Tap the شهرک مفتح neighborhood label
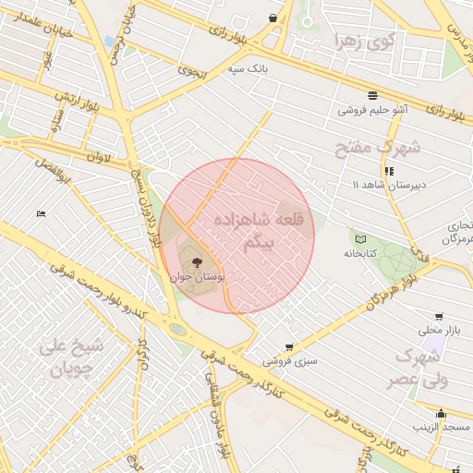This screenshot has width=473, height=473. click(386, 147)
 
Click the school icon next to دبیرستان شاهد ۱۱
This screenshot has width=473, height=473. click(389, 171)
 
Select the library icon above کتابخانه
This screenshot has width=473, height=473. click(360, 239)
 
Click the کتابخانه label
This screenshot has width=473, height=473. click(361, 253)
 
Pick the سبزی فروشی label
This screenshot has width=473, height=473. click(290, 361)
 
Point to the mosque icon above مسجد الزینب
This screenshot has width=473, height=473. click(442, 413)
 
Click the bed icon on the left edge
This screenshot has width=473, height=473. click(40, 214)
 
